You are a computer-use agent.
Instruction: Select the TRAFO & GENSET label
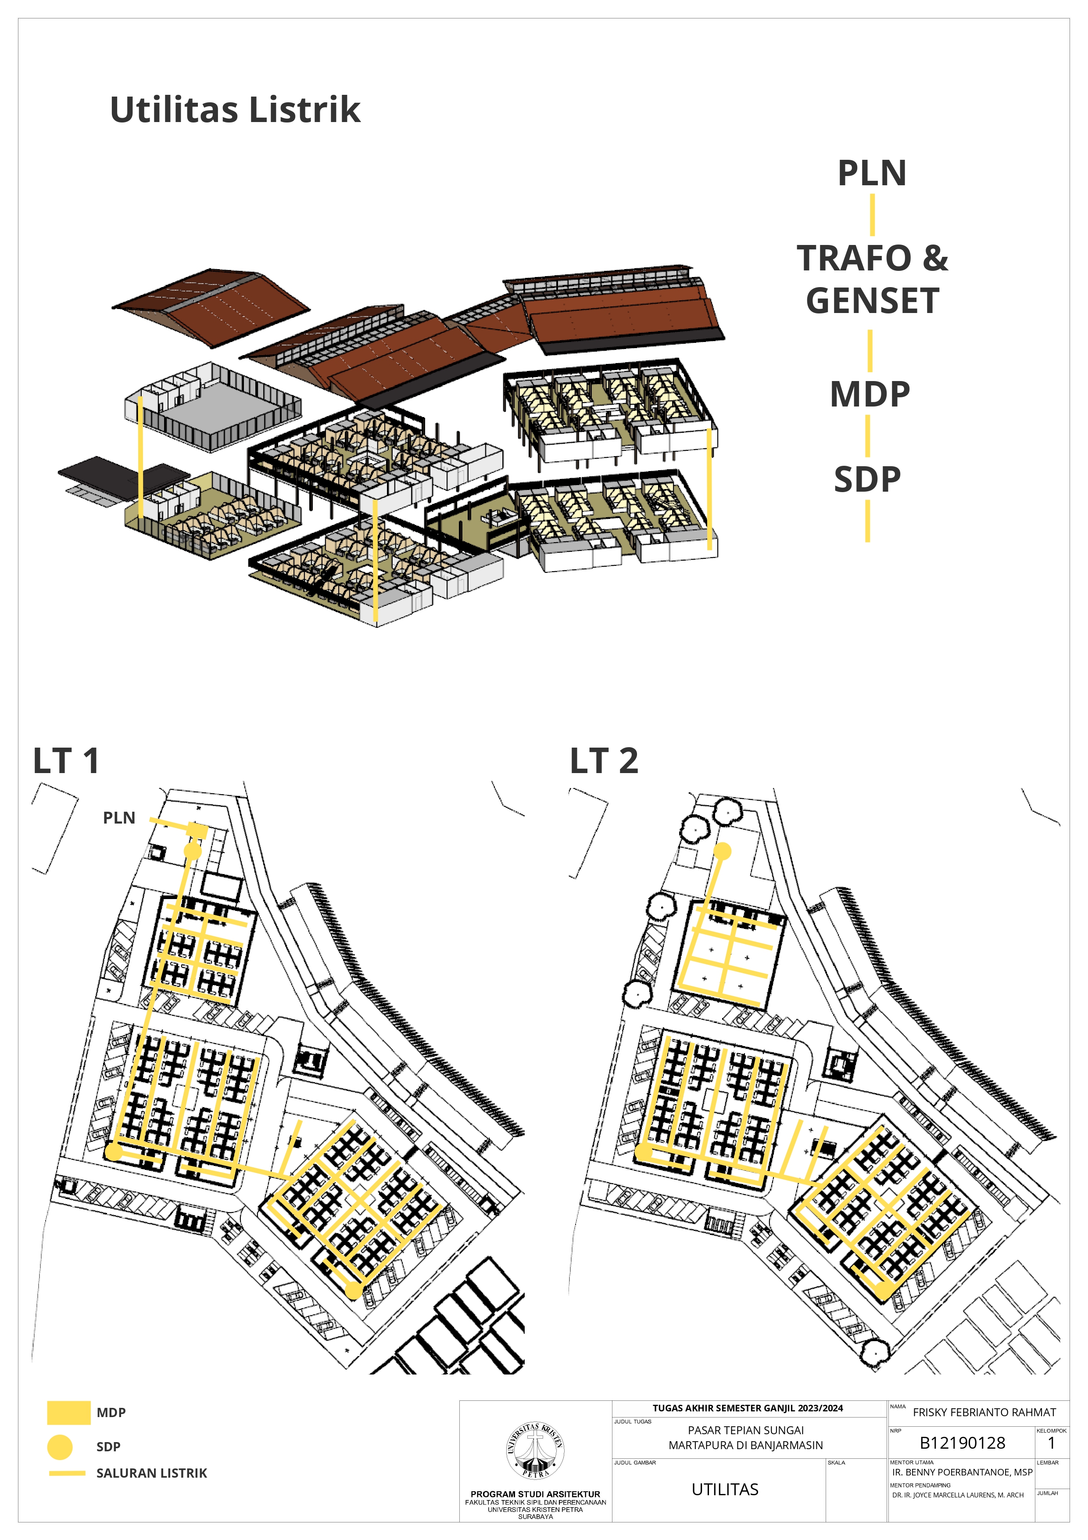[x=872, y=279]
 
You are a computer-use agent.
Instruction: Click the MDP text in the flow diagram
[x=870, y=394]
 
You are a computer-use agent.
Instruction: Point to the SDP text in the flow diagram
[x=867, y=479]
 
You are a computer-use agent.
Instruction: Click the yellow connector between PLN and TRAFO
[x=872, y=215]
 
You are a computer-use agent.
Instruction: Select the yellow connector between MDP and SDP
[x=867, y=436]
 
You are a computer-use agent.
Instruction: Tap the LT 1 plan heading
[x=66, y=761]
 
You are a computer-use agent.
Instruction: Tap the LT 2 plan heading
[x=604, y=761]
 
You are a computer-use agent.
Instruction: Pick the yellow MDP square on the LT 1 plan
[x=198, y=831]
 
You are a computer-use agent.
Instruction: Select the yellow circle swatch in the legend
[x=60, y=1447]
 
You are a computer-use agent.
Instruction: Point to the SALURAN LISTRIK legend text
[x=151, y=1473]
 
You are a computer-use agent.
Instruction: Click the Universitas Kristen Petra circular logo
[x=535, y=1450]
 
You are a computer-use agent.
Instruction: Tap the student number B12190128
[x=962, y=1443]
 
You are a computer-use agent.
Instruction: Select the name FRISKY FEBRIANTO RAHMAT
[x=984, y=1412]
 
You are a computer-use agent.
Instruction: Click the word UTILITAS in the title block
[x=725, y=1489]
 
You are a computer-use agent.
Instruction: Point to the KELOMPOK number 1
[x=1051, y=1443]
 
